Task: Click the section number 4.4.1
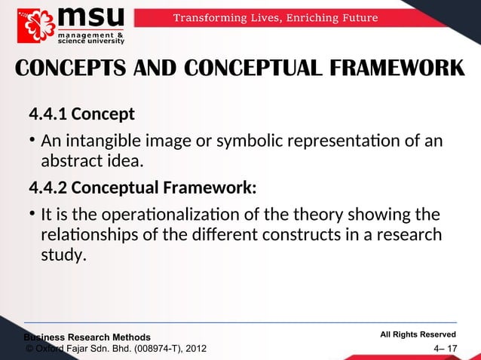47,115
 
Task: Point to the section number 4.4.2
47,186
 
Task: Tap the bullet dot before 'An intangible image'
32,141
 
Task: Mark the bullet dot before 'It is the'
32,212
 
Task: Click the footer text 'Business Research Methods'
87,337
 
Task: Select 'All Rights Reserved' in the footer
418,334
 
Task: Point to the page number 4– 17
445,349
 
